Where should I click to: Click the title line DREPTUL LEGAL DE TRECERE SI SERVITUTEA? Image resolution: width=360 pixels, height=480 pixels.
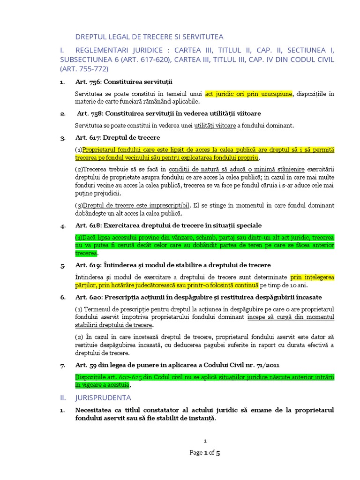[150, 37]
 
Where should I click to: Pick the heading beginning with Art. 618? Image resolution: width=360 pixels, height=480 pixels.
[168, 225]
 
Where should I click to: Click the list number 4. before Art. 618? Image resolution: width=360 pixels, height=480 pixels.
[62, 226]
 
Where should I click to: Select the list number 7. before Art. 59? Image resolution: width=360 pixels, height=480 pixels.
[62, 366]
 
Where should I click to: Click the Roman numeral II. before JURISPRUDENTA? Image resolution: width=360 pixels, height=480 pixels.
[64, 397]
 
